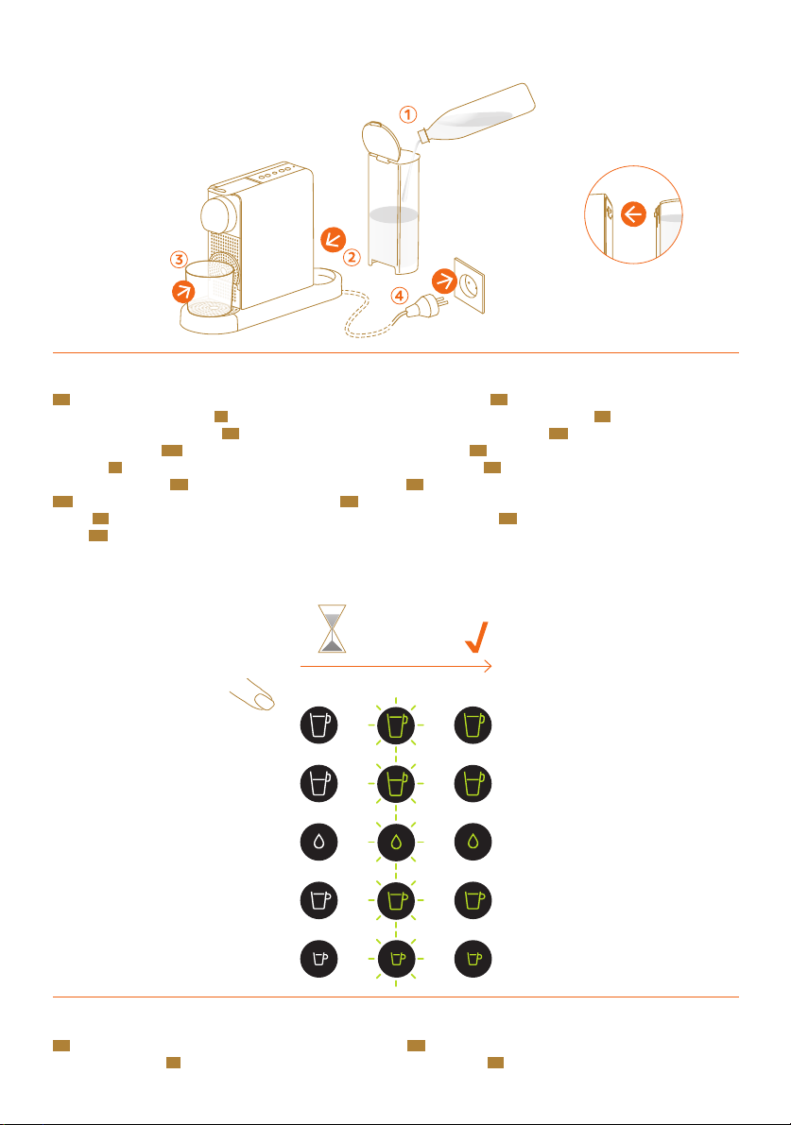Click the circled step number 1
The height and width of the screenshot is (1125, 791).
pos(406,115)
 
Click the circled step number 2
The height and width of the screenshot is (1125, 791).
pos(352,256)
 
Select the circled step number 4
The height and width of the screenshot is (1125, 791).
pos(401,295)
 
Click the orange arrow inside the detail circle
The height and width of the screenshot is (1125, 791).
pos(633,214)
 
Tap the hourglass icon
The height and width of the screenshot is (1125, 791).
pos(332,629)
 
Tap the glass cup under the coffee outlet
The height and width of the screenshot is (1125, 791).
pos(209,288)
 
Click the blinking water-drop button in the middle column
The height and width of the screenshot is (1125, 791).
pos(395,842)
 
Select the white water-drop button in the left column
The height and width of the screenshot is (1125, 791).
pos(318,842)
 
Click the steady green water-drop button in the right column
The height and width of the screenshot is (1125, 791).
pos(473,842)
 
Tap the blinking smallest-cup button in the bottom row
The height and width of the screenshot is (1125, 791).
pos(395,958)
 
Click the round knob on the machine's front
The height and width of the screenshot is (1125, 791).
pos(219,212)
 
